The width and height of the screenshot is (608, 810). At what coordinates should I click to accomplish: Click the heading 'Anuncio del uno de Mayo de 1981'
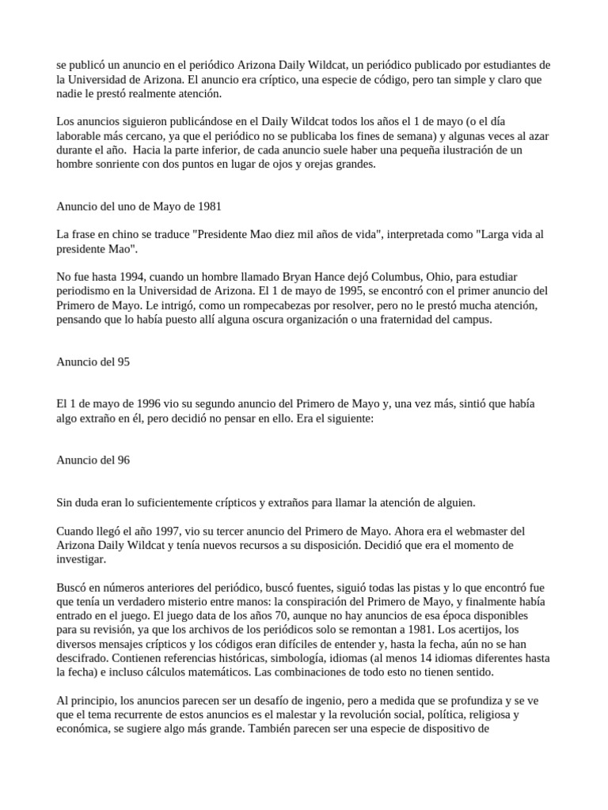point(139,206)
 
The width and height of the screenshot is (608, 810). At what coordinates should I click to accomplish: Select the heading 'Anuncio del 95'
point(93,361)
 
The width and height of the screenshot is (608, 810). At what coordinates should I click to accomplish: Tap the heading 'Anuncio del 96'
point(93,460)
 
